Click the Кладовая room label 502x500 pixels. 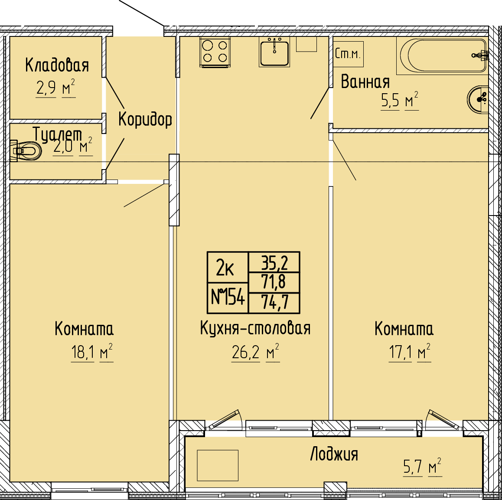point(57,65)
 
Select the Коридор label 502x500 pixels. point(145,120)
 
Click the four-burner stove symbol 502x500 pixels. point(215,52)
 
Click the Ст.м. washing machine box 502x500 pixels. point(349,54)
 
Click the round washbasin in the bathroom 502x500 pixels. point(478,99)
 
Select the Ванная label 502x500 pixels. point(365,82)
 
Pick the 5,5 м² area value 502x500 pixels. point(400,101)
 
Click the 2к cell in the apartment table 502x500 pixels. point(228,268)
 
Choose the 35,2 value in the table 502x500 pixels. point(274,262)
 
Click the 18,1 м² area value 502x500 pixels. point(92,353)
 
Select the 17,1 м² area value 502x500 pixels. point(410,353)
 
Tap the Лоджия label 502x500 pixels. point(334,454)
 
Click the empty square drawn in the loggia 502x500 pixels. point(217,465)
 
